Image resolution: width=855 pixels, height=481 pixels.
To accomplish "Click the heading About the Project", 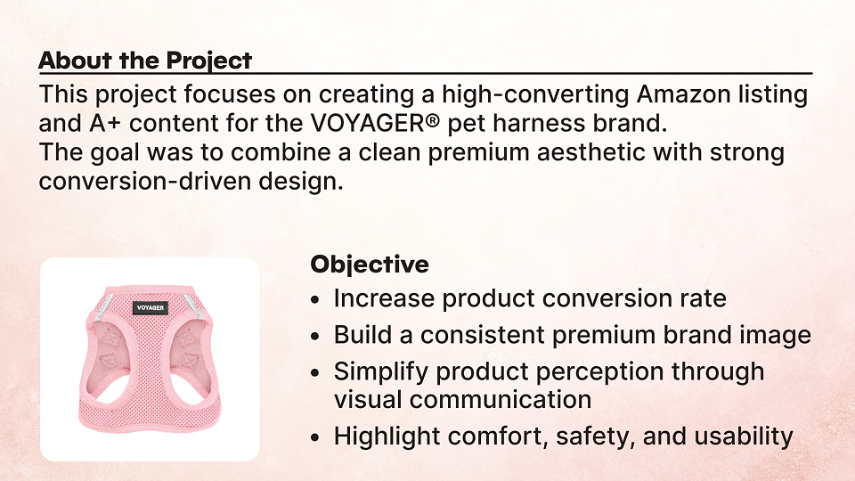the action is (x=145, y=61).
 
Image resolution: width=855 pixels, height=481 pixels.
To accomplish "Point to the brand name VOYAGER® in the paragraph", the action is (x=375, y=123).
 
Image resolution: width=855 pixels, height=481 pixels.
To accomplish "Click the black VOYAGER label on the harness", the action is (x=151, y=307).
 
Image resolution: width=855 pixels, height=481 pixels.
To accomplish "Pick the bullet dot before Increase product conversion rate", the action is (x=314, y=299).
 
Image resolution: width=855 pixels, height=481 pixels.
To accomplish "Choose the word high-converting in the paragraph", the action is (x=535, y=95).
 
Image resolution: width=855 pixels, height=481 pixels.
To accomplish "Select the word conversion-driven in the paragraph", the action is (x=145, y=181).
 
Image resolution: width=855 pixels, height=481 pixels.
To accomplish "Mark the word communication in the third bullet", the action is (x=501, y=400).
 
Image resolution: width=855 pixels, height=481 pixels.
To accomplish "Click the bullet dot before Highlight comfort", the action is (x=314, y=437).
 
